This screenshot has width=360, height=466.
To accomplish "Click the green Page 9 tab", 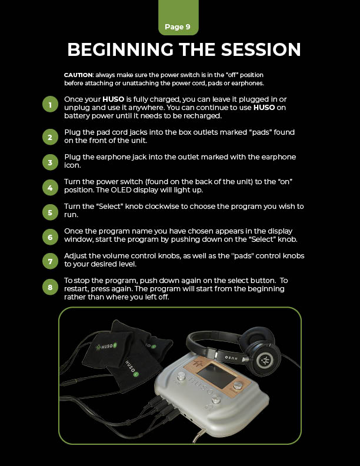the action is pyautogui.click(x=178, y=18).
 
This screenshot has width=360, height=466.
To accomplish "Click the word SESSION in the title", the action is pyautogui.click(x=261, y=49).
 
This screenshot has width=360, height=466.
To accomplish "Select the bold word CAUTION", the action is pyautogui.click(x=78, y=75).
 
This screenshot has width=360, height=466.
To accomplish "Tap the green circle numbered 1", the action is pyautogui.click(x=50, y=104).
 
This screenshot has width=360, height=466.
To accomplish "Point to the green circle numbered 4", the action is pyautogui.click(x=50, y=188).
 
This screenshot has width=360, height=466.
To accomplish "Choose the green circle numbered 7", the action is pyautogui.click(x=50, y=261).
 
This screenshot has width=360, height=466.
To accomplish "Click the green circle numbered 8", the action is pyautogui.click(x=50, y=287).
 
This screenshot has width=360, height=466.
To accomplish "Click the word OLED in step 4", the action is pyautogui.click(x=121, y=190).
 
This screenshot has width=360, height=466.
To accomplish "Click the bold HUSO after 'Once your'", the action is pyautogui.click(x=113, y=99).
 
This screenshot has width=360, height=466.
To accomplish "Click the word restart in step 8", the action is pyautogui.click(x=76, y=289).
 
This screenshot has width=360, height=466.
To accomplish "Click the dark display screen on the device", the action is pyautogui.click(x=212, y=375).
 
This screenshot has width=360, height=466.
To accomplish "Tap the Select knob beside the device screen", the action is pyautogui.click(x=238, y=385).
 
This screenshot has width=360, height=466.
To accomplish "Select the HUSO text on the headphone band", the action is pyautogui.click(x=231, y=358).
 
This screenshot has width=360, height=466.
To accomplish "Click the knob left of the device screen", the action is pyautogui.click(x=181, y=377).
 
